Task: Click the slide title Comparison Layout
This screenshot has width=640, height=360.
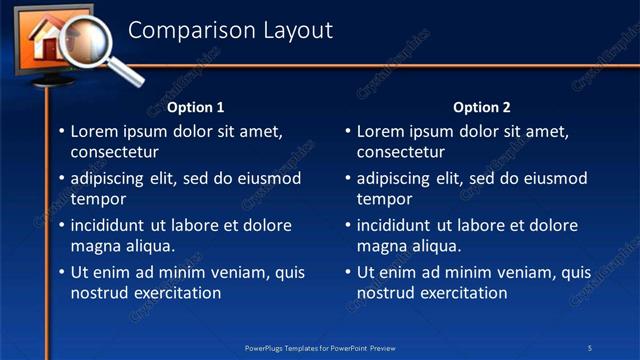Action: click(x=230, y=31)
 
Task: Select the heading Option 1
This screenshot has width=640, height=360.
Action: click(x=195, y=107)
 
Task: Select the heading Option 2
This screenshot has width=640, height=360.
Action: click(x=481, y=107)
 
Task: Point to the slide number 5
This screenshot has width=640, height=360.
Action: click(x=590, y=347)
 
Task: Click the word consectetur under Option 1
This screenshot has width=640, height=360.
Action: click(x=114, y=152)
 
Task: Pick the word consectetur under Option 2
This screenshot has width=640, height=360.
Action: click(x=400, y=152)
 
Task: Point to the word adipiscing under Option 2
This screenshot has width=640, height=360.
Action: click(x=393, y=178)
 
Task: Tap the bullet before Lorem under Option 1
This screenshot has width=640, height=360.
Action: click(x=61, y=131)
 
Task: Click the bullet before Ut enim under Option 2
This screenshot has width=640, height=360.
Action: click(x=347, y=272)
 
